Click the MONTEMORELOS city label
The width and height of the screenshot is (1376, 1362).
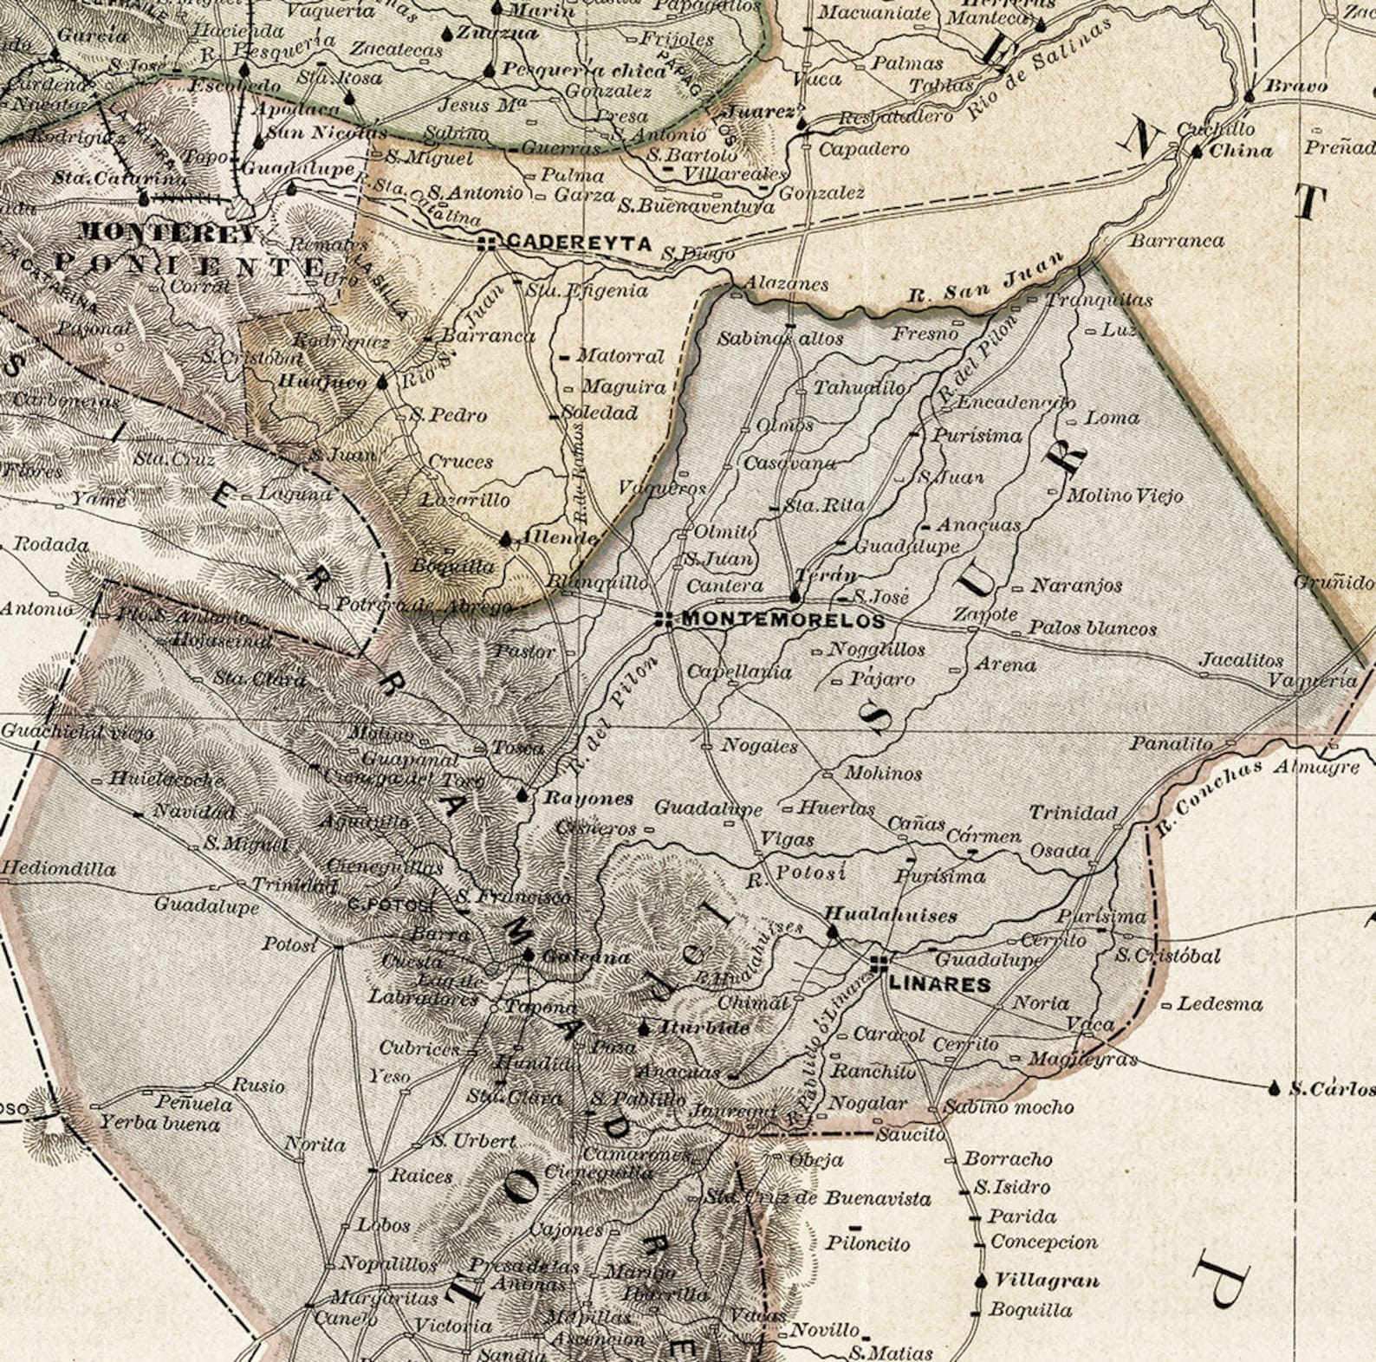click(x=783, y=620)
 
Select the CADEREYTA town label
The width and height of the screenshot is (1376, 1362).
click(x=578, y=243)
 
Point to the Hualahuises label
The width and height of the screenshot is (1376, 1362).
click(x=890, y=914)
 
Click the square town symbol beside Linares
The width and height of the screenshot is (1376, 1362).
click(x=879, y=962)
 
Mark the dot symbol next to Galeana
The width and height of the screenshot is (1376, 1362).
click(x=529, y=955)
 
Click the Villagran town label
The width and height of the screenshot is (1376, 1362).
click(x=1047, y=1281)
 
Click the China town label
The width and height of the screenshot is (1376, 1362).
click(x=1241, y=151)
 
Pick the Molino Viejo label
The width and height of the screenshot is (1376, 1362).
click(x=1124, y=496)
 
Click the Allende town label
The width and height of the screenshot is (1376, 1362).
click(x=558, y=538)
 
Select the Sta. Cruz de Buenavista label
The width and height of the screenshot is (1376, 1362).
click(x=816, y=1198)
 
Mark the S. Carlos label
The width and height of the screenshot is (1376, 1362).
click(x=1331, y=1089)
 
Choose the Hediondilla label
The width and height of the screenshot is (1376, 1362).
click(x=58, y=868)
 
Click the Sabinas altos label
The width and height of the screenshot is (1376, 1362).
click(x=780, y=339)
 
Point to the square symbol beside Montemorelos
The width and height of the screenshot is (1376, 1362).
click(x=664, y=619)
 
